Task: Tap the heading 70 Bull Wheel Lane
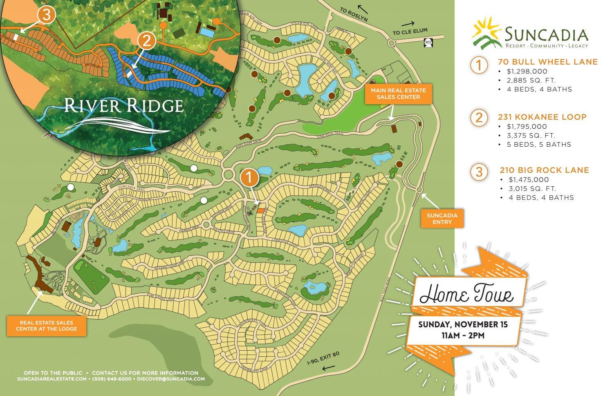tap(547, 62)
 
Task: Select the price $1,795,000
tap(527, 127)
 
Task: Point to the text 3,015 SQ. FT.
tap(532, 189)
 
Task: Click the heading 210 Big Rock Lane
tap(544, 170)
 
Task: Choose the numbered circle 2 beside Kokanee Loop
tap(479, 118)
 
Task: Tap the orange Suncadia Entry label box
tap(442, 219)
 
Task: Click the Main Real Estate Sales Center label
tap(398, 94)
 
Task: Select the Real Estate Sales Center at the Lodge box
tap(46, 326)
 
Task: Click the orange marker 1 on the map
tap(249, 178)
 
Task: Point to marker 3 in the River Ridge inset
tap(46, 15)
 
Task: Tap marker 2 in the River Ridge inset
tap(147, 41)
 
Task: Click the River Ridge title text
tap(123, 105)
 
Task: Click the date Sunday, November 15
tap(463, 325)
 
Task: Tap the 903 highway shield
tap(428, 42)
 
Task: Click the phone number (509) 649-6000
tap(112, 379)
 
